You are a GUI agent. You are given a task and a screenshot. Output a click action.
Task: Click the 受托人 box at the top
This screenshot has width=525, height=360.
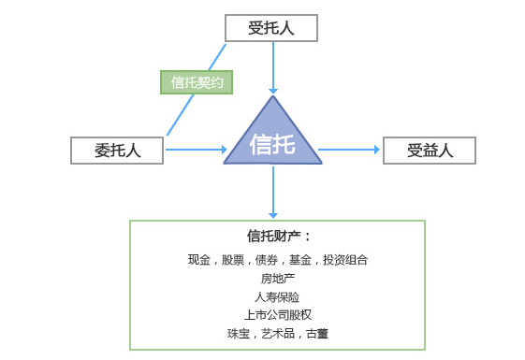271,28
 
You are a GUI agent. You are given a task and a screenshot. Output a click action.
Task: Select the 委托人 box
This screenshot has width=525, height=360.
117,150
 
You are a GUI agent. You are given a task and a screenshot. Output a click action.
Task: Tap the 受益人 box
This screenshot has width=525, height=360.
430,150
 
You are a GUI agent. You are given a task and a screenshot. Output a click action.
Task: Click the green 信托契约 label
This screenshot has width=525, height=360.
196,82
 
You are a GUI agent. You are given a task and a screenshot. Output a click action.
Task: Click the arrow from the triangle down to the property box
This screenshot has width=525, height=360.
272,193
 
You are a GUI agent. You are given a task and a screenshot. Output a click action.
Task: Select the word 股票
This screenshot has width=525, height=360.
233,260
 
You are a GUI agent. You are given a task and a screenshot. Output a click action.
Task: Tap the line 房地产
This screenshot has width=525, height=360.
278,278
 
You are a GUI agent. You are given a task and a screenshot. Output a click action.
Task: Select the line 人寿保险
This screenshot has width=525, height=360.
278,296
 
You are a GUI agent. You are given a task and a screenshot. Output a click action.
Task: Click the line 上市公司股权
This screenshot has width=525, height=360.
278,314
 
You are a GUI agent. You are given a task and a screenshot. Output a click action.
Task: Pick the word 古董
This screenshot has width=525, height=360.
317,333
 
